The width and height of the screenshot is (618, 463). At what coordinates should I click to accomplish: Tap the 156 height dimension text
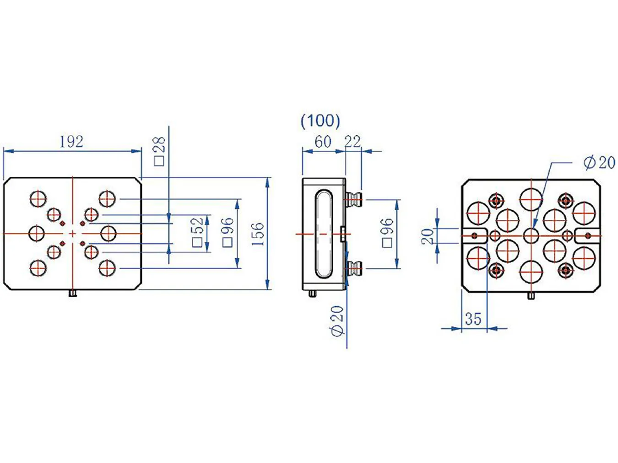[258, 234]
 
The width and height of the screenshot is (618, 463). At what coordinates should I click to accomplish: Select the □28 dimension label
[159, 151]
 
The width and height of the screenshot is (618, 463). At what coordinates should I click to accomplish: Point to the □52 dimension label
[198, 232]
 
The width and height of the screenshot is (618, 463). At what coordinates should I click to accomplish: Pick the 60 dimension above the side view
[323, 142]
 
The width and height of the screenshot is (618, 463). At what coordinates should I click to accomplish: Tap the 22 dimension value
[352, 142]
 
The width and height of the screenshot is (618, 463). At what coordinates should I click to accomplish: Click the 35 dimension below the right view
[473, 319]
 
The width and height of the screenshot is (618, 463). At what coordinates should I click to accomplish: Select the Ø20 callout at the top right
[599, 163]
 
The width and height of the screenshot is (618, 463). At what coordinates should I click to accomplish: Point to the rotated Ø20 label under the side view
[337, 321]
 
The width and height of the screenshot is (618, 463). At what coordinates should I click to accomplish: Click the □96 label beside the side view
[388, 233]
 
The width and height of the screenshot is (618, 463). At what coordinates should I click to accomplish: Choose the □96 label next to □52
[228, 232]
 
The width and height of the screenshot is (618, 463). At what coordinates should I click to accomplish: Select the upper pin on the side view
[354, 199]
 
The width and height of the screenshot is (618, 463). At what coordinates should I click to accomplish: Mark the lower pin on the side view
[354, 268]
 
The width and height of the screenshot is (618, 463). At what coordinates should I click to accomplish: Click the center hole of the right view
[531, 235]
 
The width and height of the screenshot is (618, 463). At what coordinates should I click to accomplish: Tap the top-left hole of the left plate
[38, 198]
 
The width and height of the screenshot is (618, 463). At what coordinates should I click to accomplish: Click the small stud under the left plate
[73, 294]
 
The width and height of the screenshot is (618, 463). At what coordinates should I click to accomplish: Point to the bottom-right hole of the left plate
[107, 268]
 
